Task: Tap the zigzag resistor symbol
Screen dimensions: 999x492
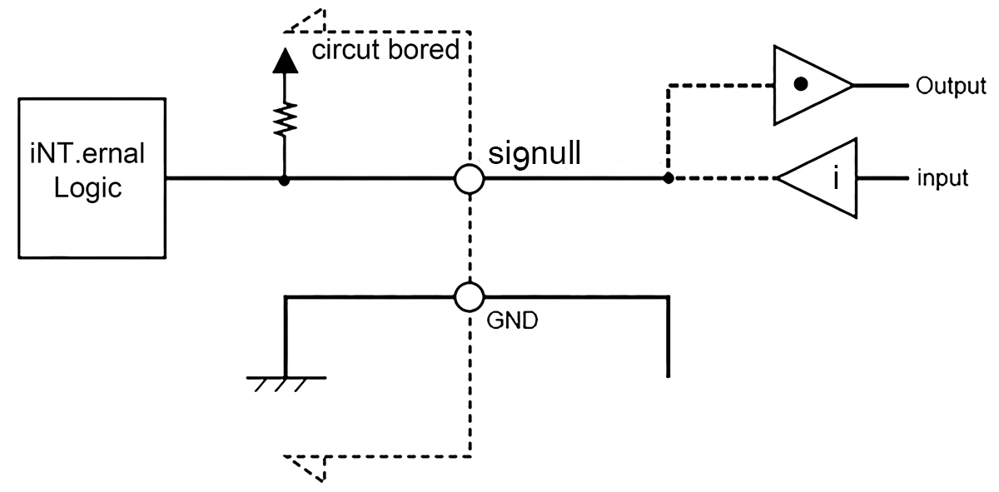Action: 285,119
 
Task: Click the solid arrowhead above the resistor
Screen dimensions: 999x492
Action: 285,60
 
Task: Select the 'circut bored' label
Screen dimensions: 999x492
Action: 385,49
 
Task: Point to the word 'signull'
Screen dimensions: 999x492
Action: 534,154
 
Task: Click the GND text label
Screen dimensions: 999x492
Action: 512,321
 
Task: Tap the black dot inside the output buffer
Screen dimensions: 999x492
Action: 801,84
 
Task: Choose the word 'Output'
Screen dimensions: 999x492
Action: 951,86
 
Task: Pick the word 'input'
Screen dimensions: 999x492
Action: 942,178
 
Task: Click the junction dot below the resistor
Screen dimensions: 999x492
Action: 284,181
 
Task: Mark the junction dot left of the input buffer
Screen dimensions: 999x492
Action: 668,178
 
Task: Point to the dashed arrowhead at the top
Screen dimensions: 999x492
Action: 304,21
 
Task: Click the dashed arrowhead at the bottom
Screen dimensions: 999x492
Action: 304,469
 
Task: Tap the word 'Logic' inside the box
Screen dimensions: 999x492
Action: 88,189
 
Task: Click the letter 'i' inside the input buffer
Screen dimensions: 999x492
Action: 836,177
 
